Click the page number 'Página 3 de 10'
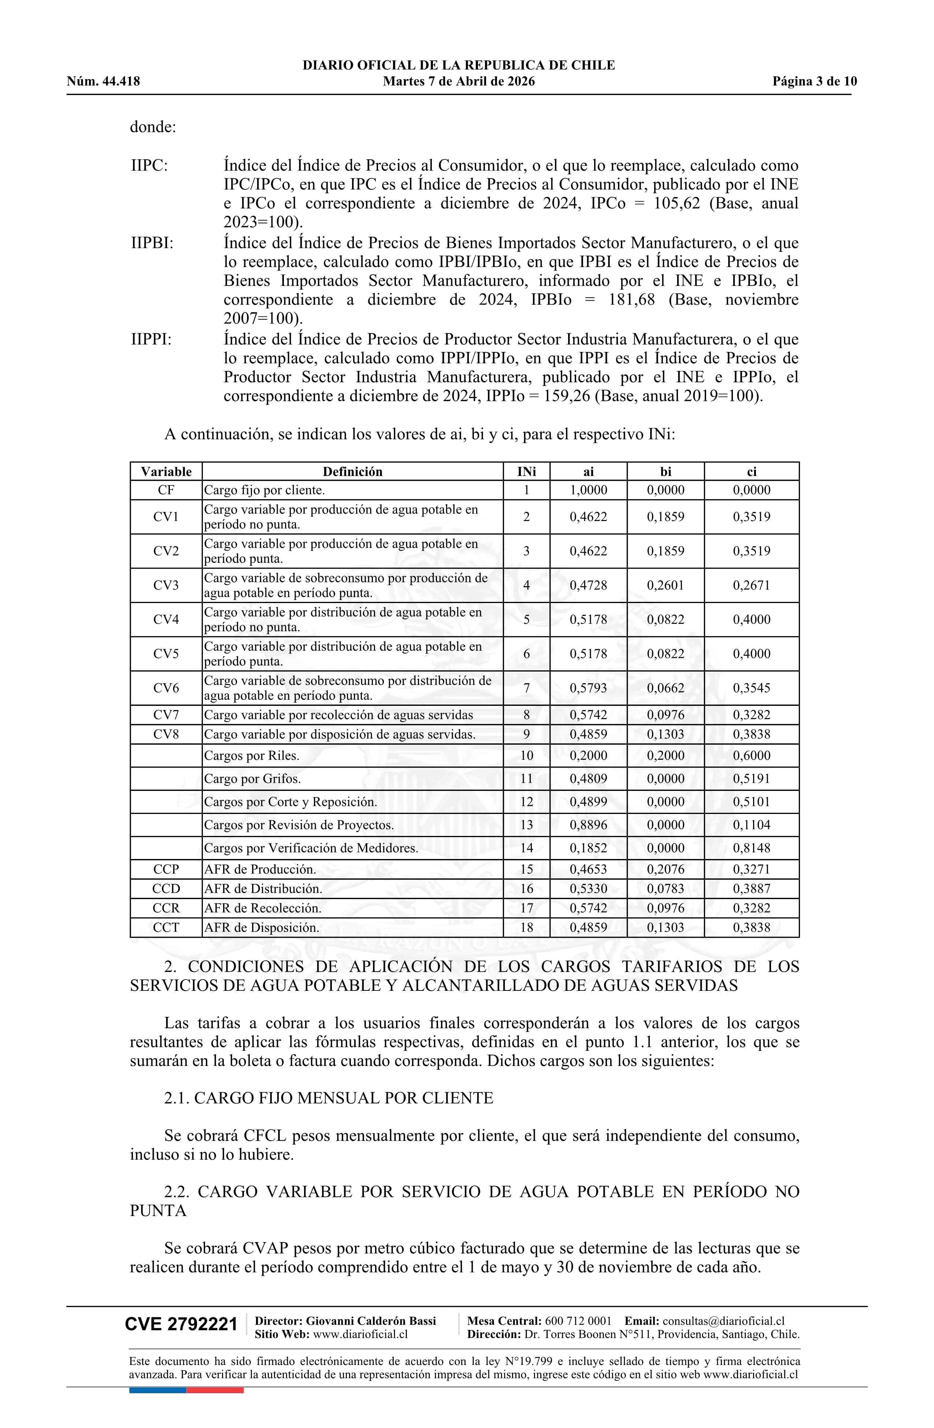(815, 82)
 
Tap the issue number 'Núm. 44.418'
(103, 82)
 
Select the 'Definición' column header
(352, 472)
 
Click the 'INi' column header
(526, 472)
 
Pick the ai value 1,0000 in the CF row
(588, 490)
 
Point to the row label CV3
(166, 585)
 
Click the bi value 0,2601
(665, 585)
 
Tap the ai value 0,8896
(588, 825)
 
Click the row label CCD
(166, 889)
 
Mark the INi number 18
(526, 927)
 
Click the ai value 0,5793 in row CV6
(588, 688)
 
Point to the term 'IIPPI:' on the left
(151, 339)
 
